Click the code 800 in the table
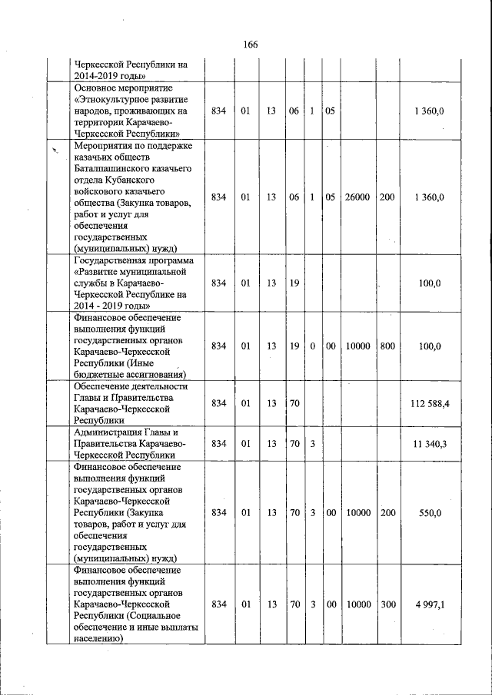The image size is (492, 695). pos(387,346)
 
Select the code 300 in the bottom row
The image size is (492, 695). pos(387,604)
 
